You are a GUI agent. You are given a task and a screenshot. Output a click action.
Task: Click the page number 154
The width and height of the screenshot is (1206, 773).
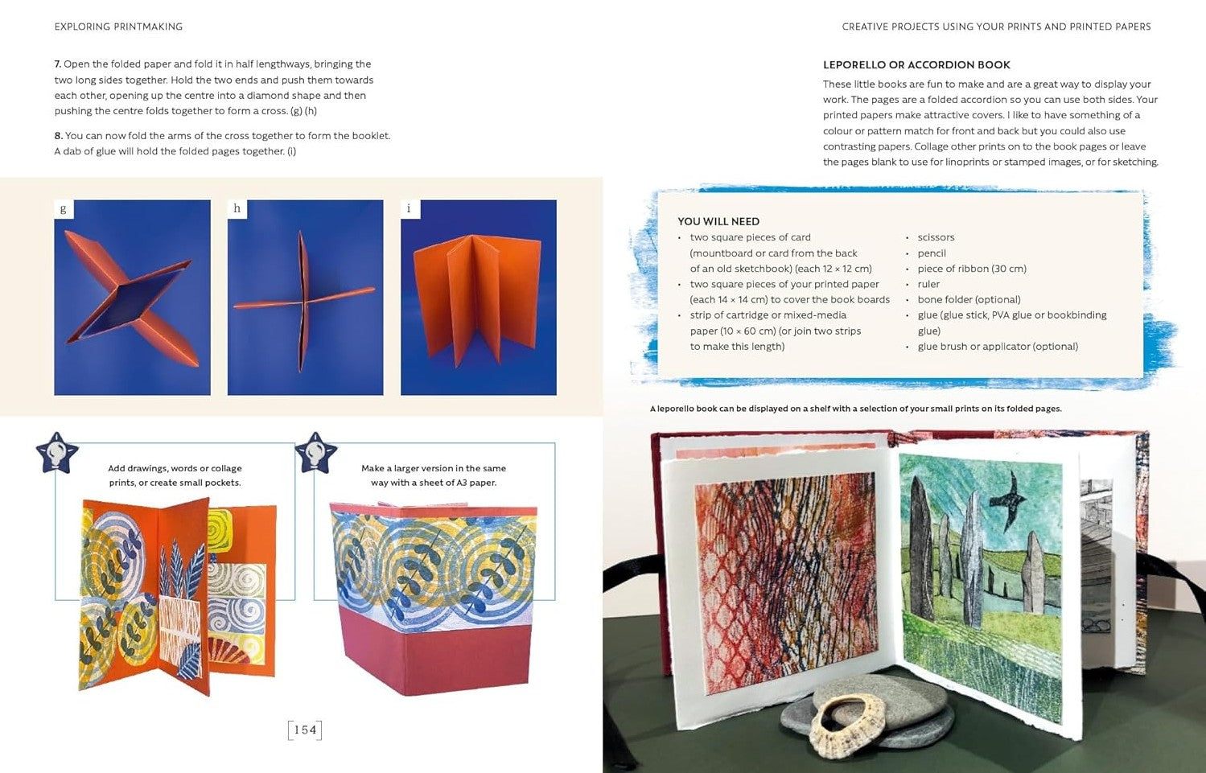tap(305, 730)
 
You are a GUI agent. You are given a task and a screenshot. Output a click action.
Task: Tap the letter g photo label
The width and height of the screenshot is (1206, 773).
tap(64, 209)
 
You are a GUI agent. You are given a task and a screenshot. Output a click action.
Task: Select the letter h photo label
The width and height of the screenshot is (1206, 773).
tap(237, 209)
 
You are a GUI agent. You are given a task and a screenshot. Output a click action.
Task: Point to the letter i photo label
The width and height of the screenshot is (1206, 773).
tap(410, 209)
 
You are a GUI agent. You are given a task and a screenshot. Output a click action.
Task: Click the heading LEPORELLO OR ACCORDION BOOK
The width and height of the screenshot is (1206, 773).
tap(916, 65)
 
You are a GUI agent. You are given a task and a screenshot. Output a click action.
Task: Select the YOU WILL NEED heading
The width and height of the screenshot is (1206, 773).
tap(718, 221)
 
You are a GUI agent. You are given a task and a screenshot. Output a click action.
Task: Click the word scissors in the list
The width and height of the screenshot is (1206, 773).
tap(936, 237)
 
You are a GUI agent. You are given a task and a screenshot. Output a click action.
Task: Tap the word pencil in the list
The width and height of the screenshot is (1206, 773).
tap(932, 253)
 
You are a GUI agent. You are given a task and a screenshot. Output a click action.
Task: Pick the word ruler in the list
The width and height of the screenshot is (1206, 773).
tap(928, 284)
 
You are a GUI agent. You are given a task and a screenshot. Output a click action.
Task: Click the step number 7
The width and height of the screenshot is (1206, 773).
tap(58, 64)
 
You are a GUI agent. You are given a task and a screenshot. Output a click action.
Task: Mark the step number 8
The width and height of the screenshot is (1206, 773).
tap(58, 136)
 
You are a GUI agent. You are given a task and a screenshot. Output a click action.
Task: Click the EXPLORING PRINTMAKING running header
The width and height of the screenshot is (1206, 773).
tap(118, 27)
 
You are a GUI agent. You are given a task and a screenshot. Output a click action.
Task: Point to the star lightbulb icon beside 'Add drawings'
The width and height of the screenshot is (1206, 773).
tap(57, 453)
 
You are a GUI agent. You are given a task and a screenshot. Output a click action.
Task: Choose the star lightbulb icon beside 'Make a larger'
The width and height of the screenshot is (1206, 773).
tap(316, 453)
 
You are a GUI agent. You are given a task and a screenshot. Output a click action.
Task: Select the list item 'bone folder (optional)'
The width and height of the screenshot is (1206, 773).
tap(969, 300)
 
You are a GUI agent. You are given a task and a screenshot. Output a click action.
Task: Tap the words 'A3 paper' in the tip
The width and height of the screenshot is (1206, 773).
tap(476, 483)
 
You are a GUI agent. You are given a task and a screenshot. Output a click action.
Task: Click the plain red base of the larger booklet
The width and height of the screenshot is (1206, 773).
tap(436, 656)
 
